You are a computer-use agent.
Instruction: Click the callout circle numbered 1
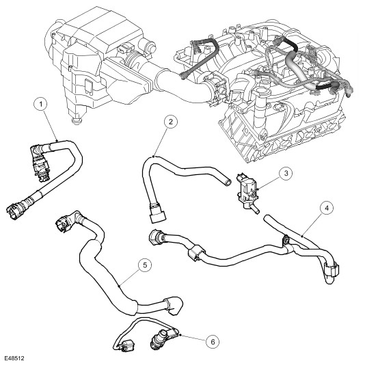pos(42,104)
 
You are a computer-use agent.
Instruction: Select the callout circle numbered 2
pos(171,122)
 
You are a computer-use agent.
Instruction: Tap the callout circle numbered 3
pos(286,173)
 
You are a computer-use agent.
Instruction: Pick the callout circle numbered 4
pos(327,208)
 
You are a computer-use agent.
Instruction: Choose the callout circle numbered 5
pos(145,265)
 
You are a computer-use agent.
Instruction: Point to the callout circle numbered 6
pos(213,342)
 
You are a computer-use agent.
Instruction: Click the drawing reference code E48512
pos(14,358)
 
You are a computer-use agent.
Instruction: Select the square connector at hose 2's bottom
pos(159,217)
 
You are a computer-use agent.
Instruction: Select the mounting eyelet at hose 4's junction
pos(286,241)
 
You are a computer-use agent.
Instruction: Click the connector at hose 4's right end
pos(331,270)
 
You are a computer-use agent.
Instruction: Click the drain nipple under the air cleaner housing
pos(77,121)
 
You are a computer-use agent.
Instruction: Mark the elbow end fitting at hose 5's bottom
pos(174,306)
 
